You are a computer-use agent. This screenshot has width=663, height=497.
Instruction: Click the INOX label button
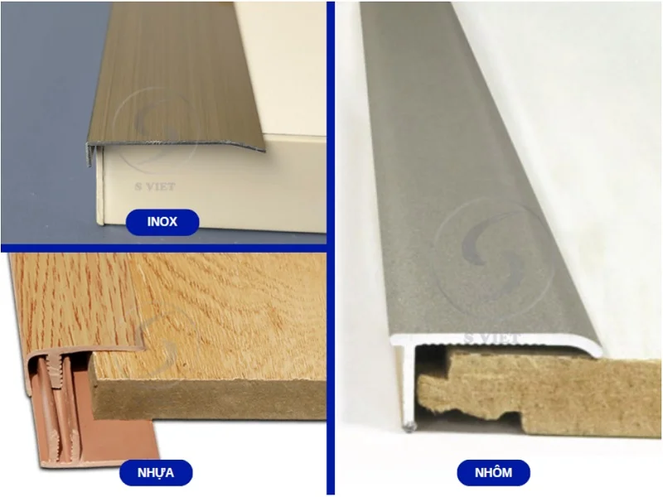tap(162, 221)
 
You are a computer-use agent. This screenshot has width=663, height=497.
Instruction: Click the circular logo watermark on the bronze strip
tap(157, 124)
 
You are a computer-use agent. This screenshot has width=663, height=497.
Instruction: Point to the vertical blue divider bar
tap(331, 248)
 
